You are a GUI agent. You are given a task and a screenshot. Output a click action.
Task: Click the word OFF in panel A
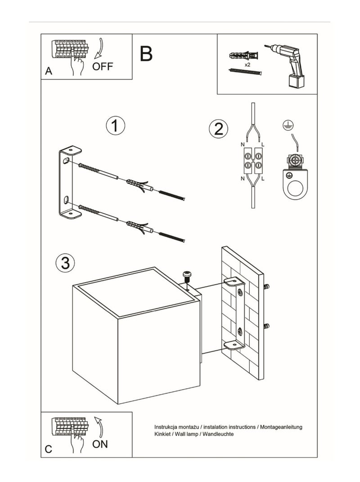click(x=103, y=67)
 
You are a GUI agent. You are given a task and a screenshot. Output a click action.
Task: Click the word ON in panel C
click(x=100, y=445)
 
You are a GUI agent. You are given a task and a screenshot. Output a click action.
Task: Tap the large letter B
click(x=146, y=54)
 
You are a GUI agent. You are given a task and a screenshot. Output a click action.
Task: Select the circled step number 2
click(x=218, y=129)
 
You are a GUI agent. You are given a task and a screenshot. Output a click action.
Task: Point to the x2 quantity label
click(x=247, y=65)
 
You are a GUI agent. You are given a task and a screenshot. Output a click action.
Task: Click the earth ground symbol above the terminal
click(x=285, y=127)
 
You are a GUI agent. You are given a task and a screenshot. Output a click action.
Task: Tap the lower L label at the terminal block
click(x=263, y=179)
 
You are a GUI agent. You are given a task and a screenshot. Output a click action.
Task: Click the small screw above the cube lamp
click(x=187, y=276)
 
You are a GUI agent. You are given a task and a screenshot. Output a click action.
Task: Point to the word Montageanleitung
click(x=279, y=427)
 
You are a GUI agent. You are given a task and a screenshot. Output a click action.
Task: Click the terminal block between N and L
click(x=253, y=161)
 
